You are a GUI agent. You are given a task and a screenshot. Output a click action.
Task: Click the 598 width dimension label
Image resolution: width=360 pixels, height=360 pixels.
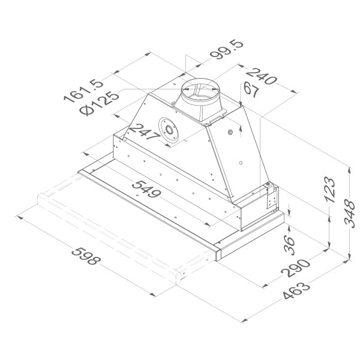pos(86,256)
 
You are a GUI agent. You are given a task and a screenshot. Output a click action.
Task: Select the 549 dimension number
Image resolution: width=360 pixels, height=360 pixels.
pos(146,189)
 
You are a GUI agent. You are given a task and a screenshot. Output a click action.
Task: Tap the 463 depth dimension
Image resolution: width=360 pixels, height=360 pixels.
pos(296,290)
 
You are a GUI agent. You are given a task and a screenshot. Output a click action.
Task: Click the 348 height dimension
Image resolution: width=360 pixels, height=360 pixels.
pos(349,214)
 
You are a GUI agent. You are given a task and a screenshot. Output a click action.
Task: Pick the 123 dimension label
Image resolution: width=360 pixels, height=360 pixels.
pos(330,190)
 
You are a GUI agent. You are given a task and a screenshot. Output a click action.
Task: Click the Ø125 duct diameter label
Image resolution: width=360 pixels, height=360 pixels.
pos(99,103)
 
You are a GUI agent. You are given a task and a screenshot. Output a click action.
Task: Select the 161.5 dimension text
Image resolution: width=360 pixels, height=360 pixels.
pos(83,91)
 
